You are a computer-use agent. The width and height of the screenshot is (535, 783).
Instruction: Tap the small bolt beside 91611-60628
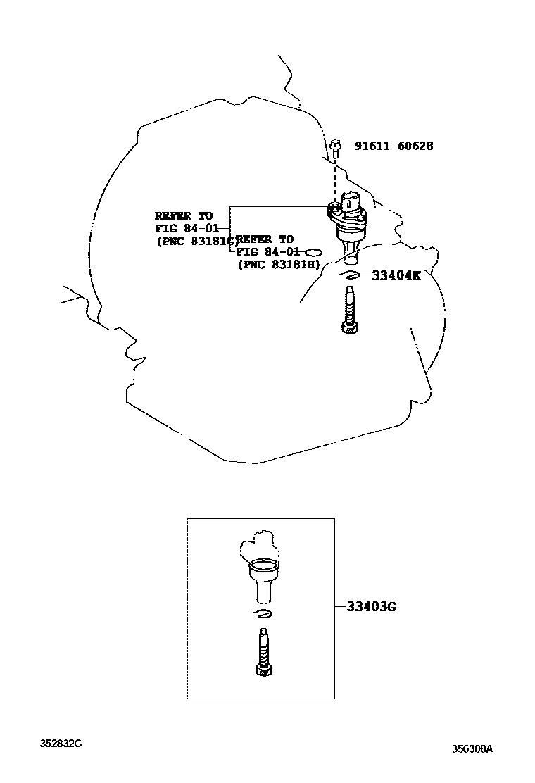(336, 146)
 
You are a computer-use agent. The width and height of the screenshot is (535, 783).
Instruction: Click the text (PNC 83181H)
(279, 264)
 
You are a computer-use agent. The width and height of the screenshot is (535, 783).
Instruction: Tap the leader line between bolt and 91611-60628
(348, 146)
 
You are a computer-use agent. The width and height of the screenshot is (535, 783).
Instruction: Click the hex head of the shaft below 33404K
(349, 326)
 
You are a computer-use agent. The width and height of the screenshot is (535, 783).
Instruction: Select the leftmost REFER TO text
(183, 215)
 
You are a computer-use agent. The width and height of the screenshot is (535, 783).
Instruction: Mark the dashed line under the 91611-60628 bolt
(336, 176)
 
